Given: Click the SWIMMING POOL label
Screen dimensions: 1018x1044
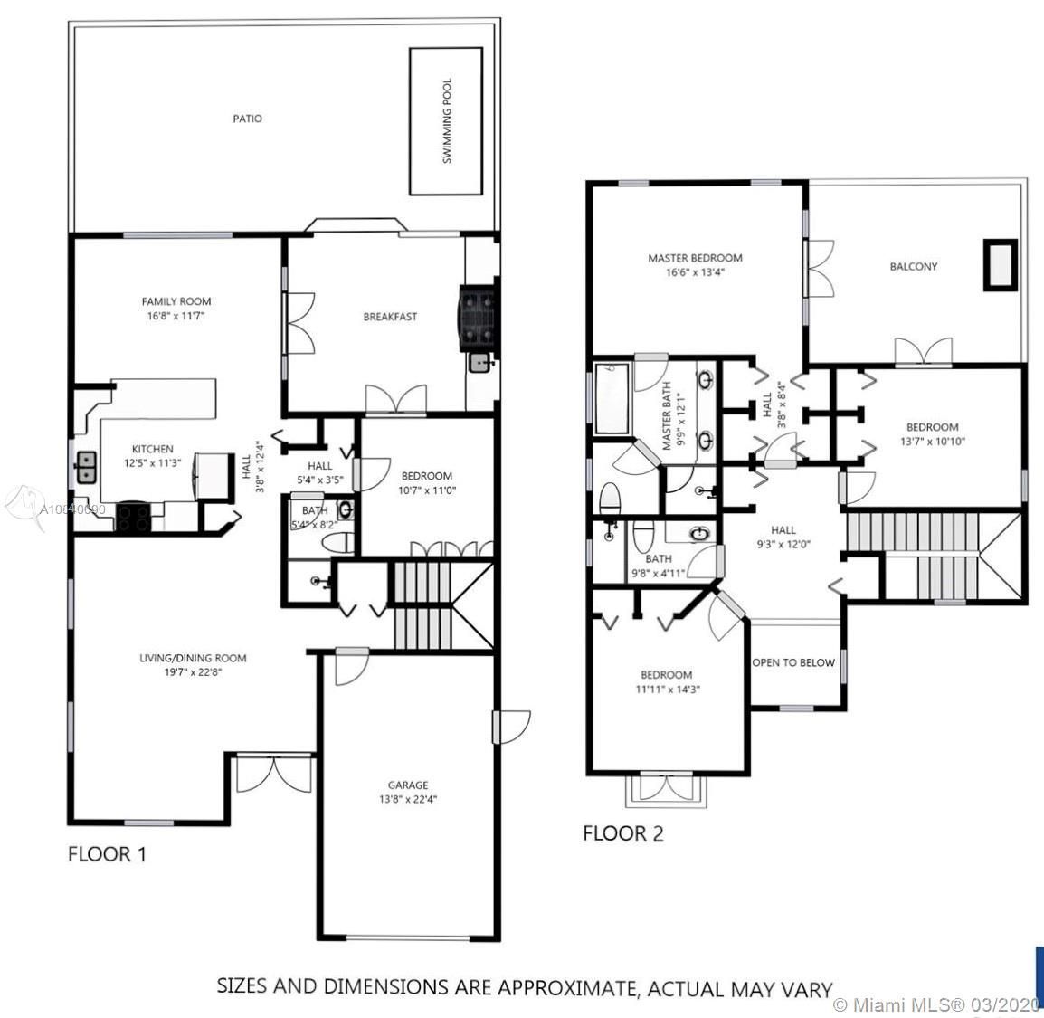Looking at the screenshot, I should (x=447, y=121).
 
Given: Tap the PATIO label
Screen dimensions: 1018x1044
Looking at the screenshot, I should (x=247, y=119).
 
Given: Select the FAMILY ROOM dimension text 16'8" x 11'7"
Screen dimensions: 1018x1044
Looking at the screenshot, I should (x=176, y=317).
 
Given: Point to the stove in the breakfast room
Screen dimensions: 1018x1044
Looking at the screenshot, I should (x=479, y=317).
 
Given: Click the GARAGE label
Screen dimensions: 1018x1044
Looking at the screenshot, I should (x=408, y=785).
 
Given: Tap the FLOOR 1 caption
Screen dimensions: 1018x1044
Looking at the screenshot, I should (x=107, y=853).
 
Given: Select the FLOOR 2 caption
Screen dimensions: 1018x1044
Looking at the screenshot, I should (x=622, y=833).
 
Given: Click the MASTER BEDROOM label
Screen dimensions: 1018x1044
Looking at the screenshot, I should (x=695, y=258).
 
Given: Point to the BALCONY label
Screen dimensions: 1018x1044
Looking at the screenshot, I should (x=913, y=266).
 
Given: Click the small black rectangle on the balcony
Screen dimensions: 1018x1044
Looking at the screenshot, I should (x=1000, y=264).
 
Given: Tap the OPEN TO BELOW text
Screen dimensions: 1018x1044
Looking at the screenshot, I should (x=793, y=662).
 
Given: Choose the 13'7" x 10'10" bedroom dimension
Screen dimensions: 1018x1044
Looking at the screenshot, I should (x=933, y=441).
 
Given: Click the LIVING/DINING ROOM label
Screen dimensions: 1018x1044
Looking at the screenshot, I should (x=193, y=658).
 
